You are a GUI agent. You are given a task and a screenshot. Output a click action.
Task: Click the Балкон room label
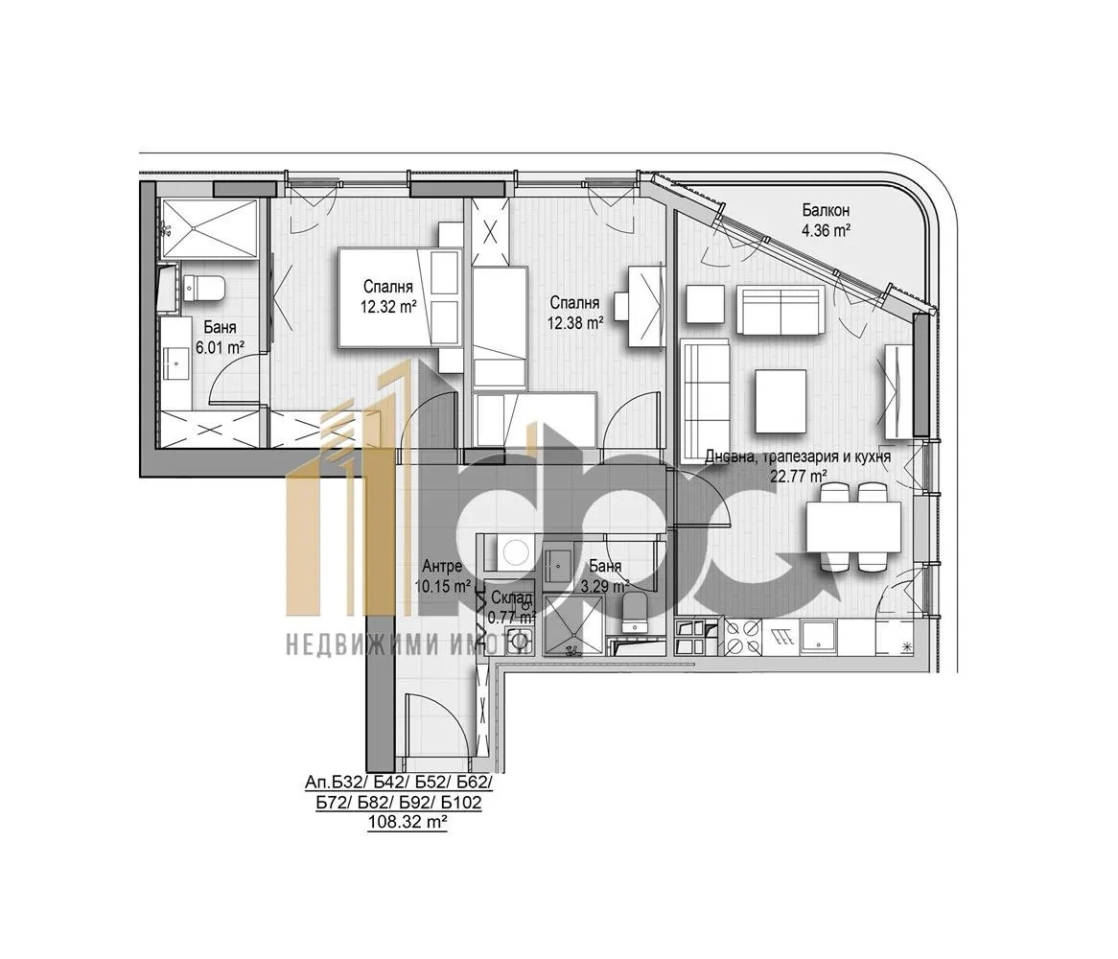tap(826, 210)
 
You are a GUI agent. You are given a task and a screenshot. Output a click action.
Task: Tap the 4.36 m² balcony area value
tap(826, 230)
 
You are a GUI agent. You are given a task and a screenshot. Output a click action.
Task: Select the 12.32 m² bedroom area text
tap(388, 307)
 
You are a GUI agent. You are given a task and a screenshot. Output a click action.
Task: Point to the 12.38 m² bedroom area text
tap(575, 323)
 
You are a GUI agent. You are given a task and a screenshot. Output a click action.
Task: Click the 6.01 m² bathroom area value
tap(221, 347)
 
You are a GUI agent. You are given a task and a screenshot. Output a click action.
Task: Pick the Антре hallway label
tap(442, 566)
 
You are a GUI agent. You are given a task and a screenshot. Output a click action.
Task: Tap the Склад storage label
tap(511, 597)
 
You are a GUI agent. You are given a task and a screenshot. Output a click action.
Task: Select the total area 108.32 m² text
tap(408, 823)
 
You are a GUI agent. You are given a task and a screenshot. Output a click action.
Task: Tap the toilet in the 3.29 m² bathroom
tap(633, 612)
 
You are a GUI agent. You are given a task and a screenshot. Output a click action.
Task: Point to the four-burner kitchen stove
tap(742, 637)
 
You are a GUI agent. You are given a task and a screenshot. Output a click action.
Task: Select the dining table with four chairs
tap(853, 526)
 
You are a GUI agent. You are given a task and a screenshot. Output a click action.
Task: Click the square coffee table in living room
tap(780, 401)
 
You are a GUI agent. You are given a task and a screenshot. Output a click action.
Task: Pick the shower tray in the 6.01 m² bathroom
tap(209, 228)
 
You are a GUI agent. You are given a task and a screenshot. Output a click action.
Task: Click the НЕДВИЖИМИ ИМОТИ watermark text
tap(408, 643)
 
